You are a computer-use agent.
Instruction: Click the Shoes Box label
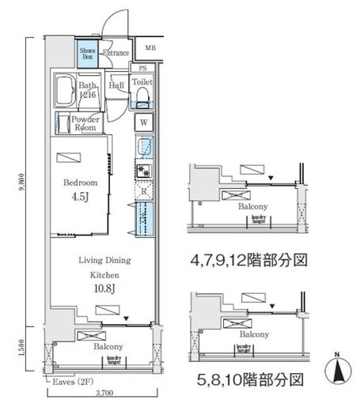[x=87, y=54]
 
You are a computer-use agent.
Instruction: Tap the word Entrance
[x=116, y=54]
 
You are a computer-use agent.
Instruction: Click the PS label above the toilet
[x=143, y=69]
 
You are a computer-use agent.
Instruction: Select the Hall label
[x=116, y=85]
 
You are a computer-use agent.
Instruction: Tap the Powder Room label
[x=84, y=123]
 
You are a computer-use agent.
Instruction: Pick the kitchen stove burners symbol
[x=144, y=170]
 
